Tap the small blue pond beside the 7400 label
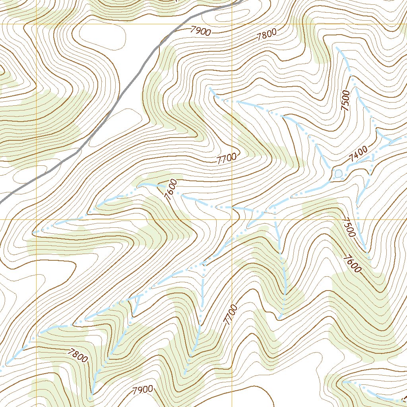pyautogui.click(x=338, y=174)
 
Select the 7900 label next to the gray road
pyautogui.click(x=200, y=31)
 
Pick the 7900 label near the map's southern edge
pyautogui.click(x=143, y=390)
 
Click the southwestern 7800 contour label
pyautogui.click(x=78, y=355)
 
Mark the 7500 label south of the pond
pyautogui.click(x=349, y=227)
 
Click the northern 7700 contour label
pyautogui.click(x=227, y=159)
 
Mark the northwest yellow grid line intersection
pyautogui.click(x=37, y=24)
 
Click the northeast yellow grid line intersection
pyautogui.click(x=232, y=24)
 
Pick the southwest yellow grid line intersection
pyautogui.click(x=37, y=219)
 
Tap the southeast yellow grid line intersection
pyautogui.click(x=232, y=219)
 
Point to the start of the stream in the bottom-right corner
pyautogui.click(x=343, y=382)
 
